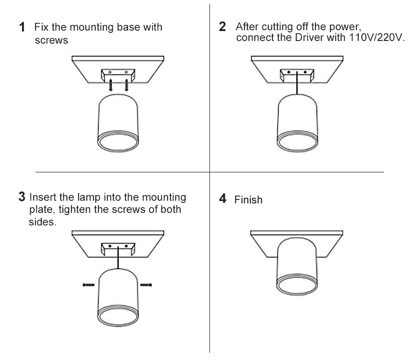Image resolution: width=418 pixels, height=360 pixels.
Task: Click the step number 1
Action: click(x=22, y=27)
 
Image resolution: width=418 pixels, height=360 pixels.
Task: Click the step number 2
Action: click(x=222, y=27)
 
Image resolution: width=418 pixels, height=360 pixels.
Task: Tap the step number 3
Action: click(x=22, y=197)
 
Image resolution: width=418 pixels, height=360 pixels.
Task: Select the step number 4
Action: click(x=223, y=199)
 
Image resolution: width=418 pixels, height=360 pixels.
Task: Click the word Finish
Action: click(x=248, y=200)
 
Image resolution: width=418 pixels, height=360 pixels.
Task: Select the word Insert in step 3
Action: click(x=43, y=197)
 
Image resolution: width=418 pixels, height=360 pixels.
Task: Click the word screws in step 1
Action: click(x=51, y=40)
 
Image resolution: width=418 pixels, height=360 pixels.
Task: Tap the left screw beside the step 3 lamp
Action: click(x=88, y=284)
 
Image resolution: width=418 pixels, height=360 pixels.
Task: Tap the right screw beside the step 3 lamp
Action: click(x=147, y=284)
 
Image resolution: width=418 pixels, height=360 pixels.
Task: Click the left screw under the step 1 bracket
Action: click(x=111, y=84)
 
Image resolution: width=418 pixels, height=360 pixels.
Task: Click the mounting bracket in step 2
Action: click(x=296, y=75)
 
